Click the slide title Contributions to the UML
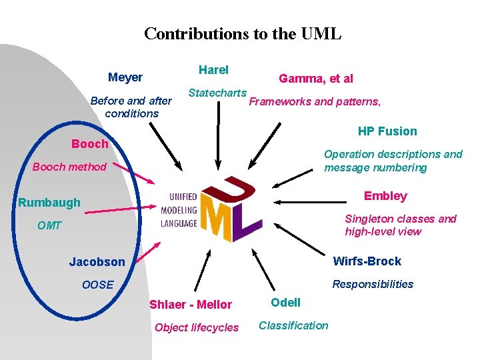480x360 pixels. tap(243, 33)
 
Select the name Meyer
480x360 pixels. tap(125, 77)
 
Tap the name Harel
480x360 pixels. tap(213, 70)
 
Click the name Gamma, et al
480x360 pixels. tap(316, 79)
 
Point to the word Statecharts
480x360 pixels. tap(217, 93)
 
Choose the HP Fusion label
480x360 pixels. tap(387, 131)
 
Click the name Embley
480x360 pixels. tap(385, 196)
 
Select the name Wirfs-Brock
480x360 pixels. tap(367, 261)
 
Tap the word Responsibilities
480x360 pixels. tap(373, 284)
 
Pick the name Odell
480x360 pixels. tap(285, 303)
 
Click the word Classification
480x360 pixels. tap(293, 325)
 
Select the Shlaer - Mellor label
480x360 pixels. tap(191, 305)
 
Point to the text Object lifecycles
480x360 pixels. tap(196, 327)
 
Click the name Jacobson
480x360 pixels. tap(97, 262)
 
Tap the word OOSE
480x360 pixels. tap(97, 285)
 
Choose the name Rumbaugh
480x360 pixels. tap(49, 203)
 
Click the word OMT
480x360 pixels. tap(49, 226)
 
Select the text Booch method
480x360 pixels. tap(69, 167)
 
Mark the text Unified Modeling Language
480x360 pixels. tap(179, 210)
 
